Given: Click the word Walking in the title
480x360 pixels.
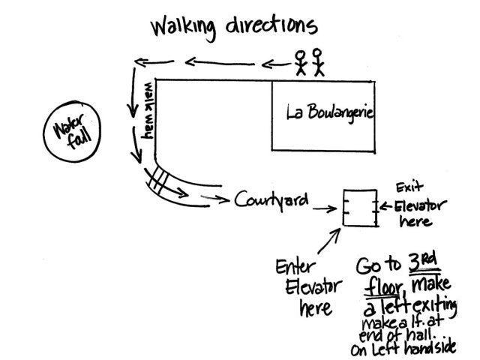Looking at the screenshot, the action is (183, 28).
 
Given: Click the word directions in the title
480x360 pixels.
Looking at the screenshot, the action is (271, 25).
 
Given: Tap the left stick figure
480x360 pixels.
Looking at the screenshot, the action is (301, 63).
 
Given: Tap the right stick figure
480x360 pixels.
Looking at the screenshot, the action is (318, 62).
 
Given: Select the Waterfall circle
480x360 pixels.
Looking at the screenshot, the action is (44, 132).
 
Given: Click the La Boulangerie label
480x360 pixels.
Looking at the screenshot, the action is (330, 112).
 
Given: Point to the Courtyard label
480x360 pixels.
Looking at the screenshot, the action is (271, 200).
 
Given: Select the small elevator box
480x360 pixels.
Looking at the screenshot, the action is (343, 208).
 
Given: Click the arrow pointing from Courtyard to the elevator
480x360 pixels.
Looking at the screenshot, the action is (325, 209).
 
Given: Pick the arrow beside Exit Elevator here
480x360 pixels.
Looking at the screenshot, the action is (385, 206).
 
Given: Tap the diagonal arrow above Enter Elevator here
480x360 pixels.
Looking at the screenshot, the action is (329, 241).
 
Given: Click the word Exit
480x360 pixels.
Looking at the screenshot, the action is (409, 187).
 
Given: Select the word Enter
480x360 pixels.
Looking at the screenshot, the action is (295, 267).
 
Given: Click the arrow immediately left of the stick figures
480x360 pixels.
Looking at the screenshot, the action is (276, 64).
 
